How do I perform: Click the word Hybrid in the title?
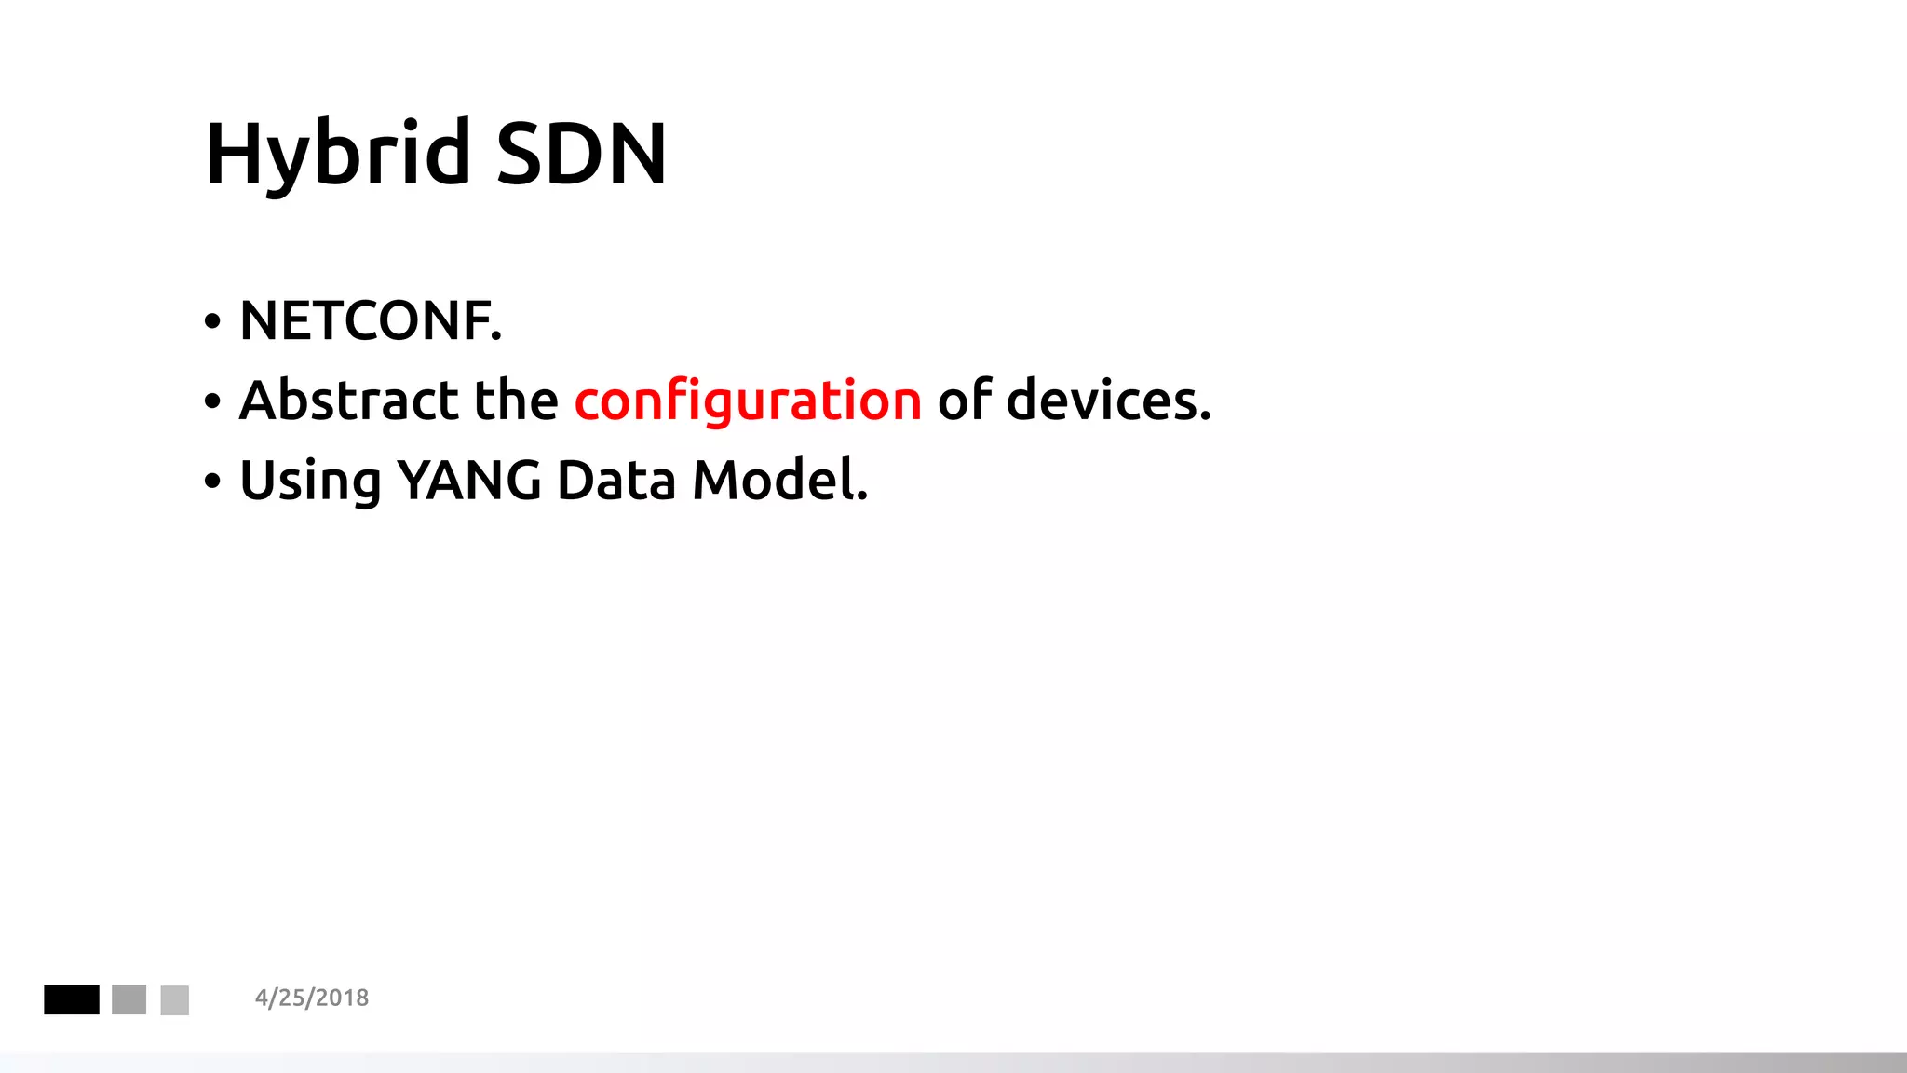(338, 154)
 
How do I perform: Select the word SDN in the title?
(581, 154)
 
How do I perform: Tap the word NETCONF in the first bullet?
(370, 321)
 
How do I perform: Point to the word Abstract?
(348, 401)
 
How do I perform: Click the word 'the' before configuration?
(516, 401)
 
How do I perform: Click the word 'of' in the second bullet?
(965, 401)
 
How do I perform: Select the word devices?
(1108, 401)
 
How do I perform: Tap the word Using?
(310, 482)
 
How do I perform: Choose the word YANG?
(469, 481)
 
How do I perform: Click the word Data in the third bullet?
(615, 481)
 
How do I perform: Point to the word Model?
(779, 481)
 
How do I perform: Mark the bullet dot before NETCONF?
(213, 322)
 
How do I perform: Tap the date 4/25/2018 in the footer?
(312, 998)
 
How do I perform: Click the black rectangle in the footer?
(72, 999)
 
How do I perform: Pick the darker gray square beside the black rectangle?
(129, 999)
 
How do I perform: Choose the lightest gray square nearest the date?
(175, 999)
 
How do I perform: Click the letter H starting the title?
(230, 154)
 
